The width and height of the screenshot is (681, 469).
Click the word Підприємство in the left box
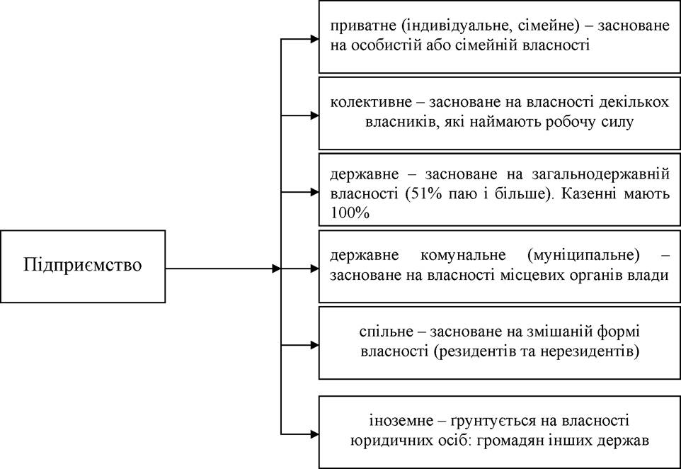click(x=83, y=265)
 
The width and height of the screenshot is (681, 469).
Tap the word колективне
click(x=370, y=102)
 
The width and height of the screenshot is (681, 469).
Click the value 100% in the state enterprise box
click(x=350, y=213)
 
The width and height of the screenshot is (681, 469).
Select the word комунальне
click(x=463, y=255)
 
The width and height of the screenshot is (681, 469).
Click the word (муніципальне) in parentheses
click(x=583, y=255)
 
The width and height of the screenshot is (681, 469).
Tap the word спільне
click(x=386, y=332)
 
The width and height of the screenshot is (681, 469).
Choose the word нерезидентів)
click(x=590, y=351)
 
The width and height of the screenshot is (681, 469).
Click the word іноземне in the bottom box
click(x=396, y=421)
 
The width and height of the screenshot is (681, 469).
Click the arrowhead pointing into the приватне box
click(x=314, y=39)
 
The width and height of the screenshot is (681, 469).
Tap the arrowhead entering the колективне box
click(x=314, y=115)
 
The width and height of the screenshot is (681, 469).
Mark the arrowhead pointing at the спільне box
click(x=314, y=345)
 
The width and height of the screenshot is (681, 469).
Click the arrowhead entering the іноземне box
click(x=314, y=434)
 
